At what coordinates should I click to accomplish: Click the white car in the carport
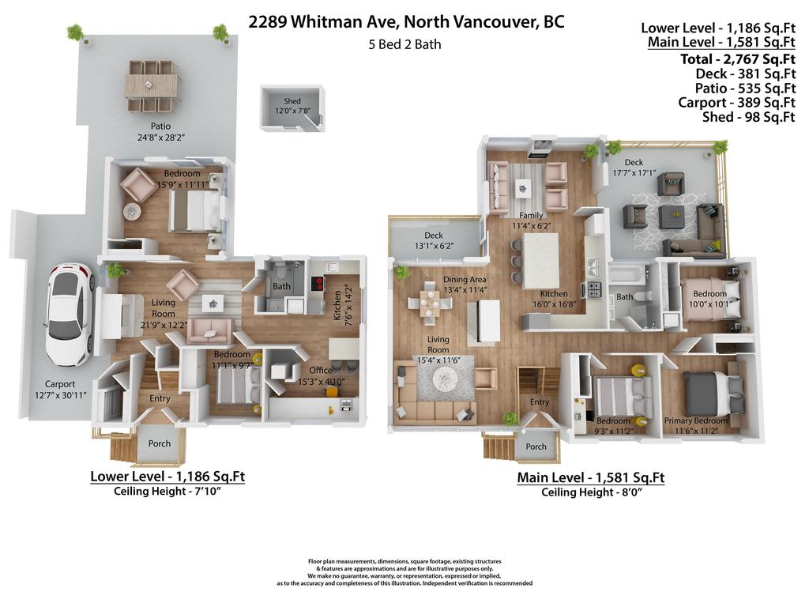[x=70, y=313]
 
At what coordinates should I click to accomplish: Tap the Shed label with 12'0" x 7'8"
[x=292, y=107]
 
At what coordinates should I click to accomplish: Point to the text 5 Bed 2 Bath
[x=404, y=44]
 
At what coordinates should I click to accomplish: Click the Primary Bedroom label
[x=694, y=420]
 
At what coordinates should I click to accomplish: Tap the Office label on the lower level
[x=298, y=371]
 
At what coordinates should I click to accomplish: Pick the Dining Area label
[x=465, y=279]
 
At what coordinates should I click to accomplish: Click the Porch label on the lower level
[x=160, y=443]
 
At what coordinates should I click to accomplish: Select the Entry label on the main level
[x=540, y=402]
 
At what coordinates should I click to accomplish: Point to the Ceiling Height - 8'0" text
[x=590, y=492]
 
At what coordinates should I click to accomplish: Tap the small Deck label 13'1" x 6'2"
[x=433, y=240]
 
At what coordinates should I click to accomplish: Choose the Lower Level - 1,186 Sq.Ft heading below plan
[x=167, y=477]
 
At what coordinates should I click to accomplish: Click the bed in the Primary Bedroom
[x=713, y=393]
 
